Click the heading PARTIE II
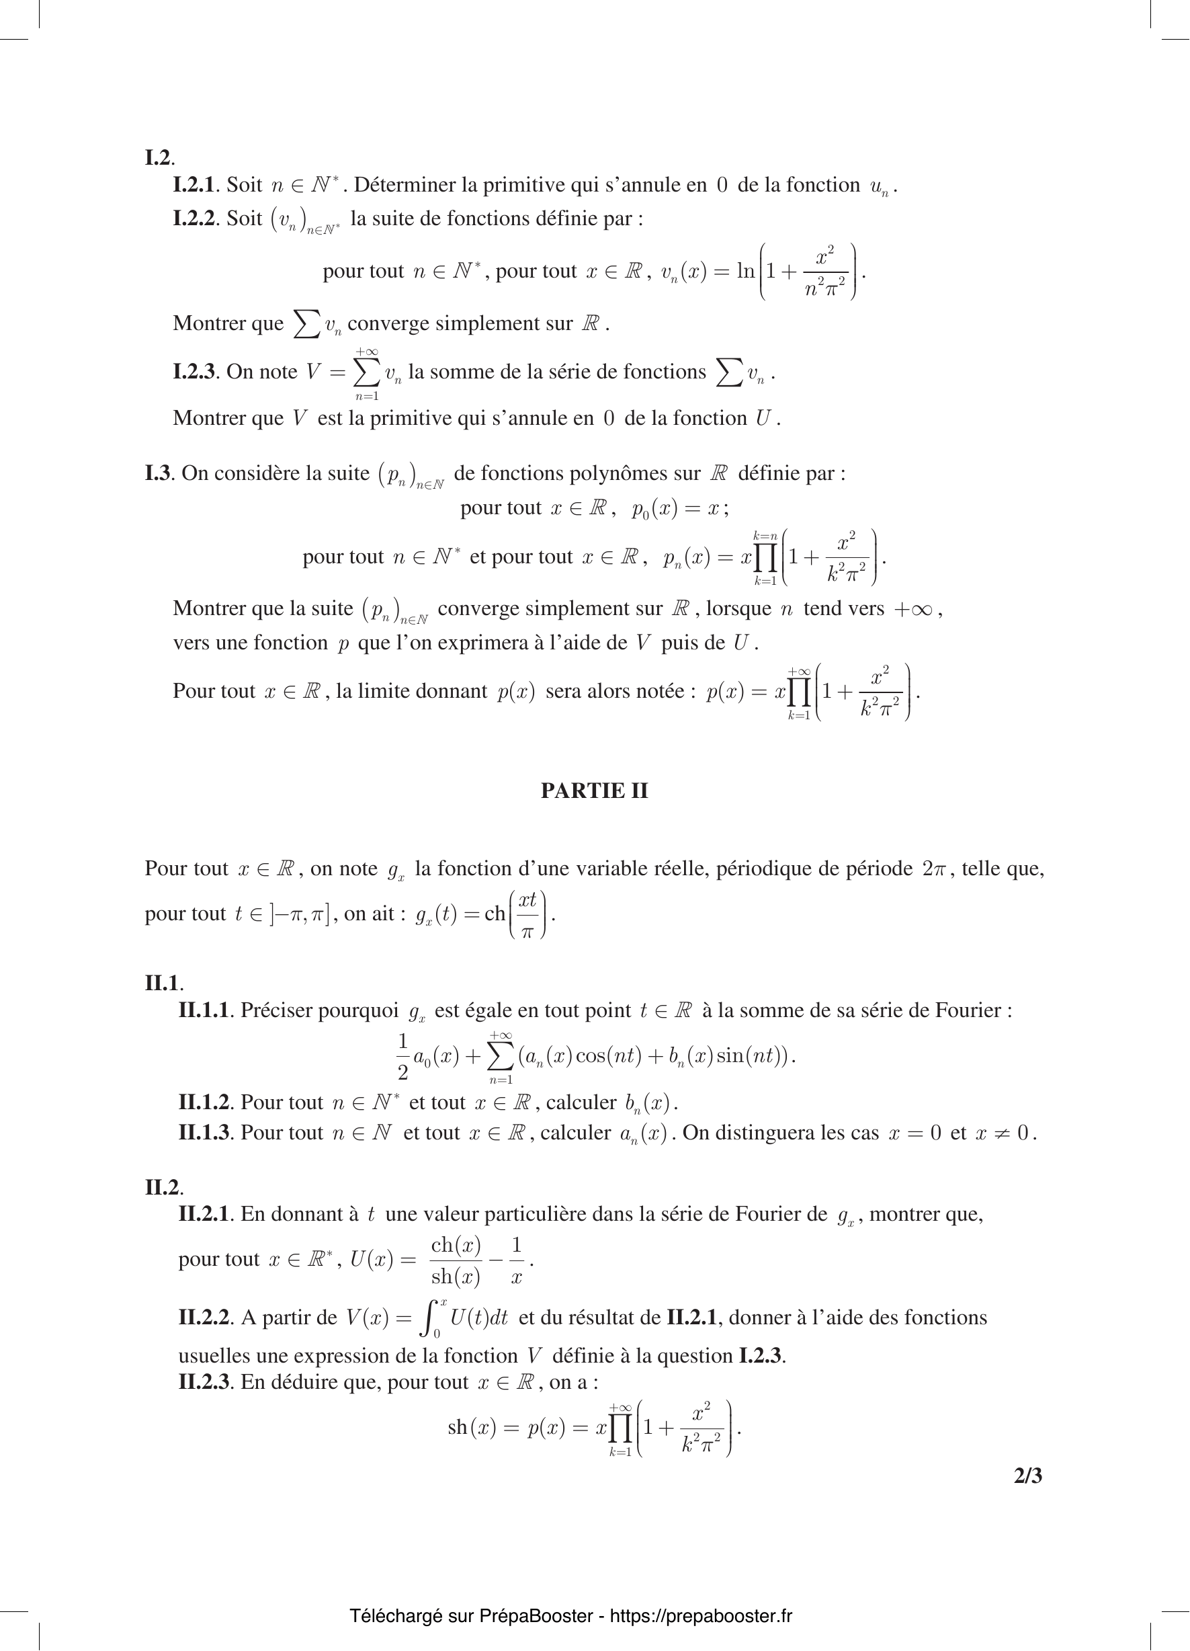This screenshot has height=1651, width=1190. coord(594,791)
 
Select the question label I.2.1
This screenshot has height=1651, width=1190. coord(194,185)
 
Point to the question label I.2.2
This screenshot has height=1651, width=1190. coord(194,218)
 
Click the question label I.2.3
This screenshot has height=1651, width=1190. coord(194,372)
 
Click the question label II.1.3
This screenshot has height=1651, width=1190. coord(204,1133)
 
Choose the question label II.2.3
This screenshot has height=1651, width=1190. coord(204,1381)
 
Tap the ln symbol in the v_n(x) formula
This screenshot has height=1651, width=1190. coord(745,272)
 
